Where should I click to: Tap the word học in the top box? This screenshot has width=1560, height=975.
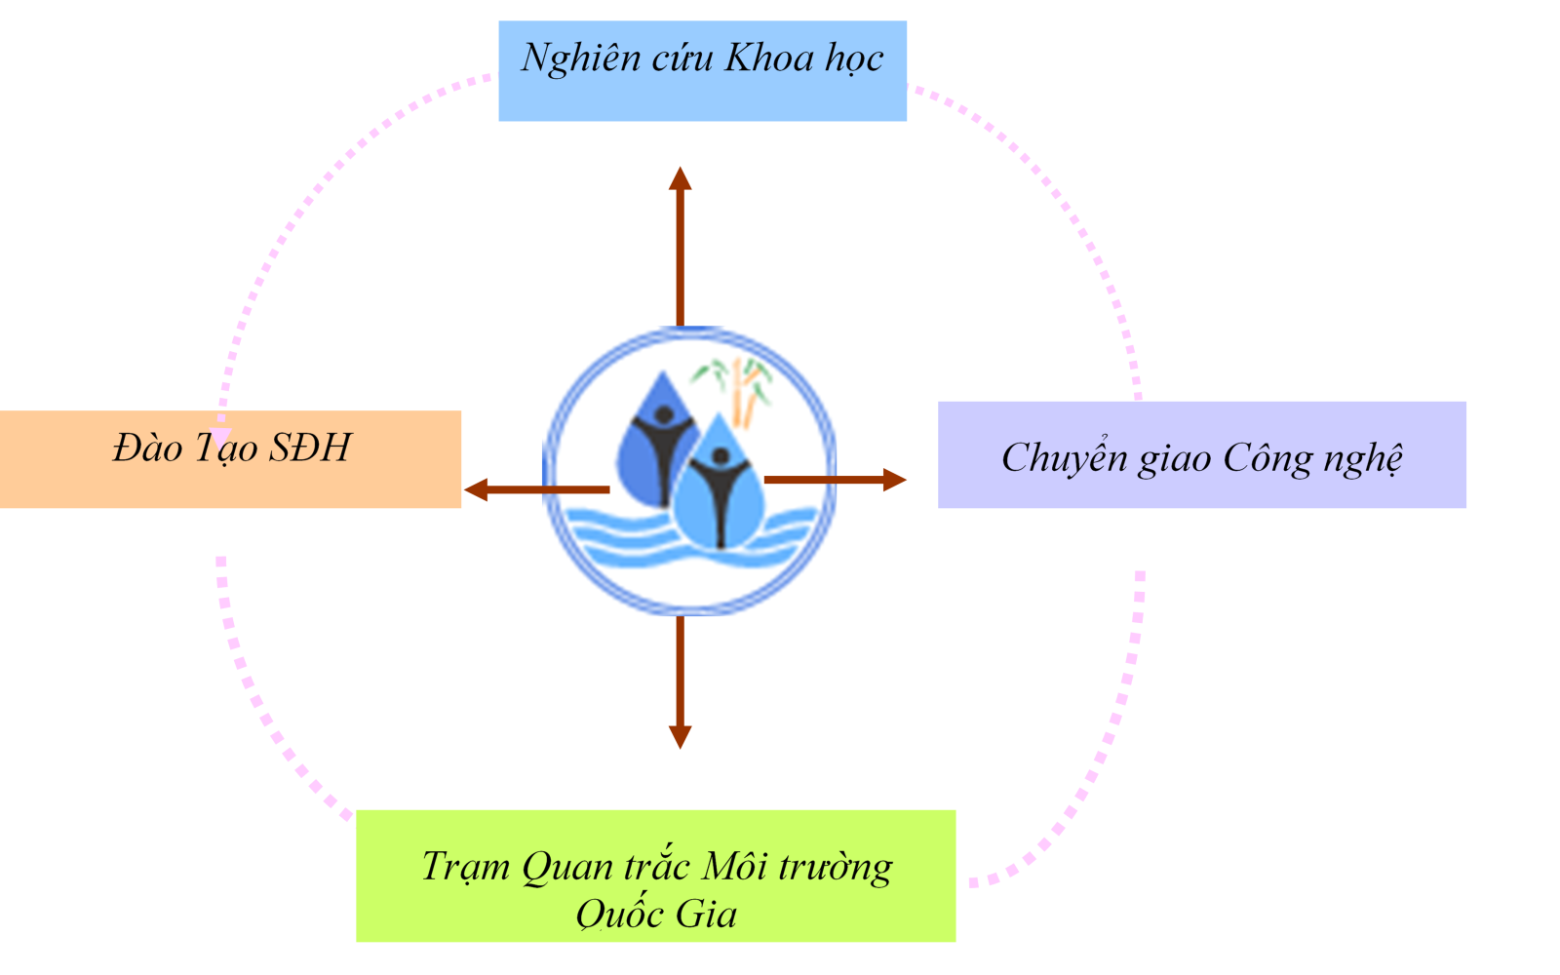click(854, 59)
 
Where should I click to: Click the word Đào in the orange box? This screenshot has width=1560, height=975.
click(147, 448)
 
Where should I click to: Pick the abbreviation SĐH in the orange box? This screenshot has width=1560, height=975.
click(309, 448)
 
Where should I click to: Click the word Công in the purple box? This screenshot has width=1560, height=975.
click(1267, 458)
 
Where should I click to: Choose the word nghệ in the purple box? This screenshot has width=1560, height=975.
click(1362, 459)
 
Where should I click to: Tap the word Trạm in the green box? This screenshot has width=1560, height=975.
click(465, 867)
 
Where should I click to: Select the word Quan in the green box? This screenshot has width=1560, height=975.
click(566, 867)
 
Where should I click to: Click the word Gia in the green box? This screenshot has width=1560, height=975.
click(706, 915)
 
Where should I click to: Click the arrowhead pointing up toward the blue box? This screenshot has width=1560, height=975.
click(681, 178)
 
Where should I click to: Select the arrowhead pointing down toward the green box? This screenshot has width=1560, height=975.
click(681, 736)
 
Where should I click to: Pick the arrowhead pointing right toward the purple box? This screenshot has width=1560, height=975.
click(893, 480)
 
